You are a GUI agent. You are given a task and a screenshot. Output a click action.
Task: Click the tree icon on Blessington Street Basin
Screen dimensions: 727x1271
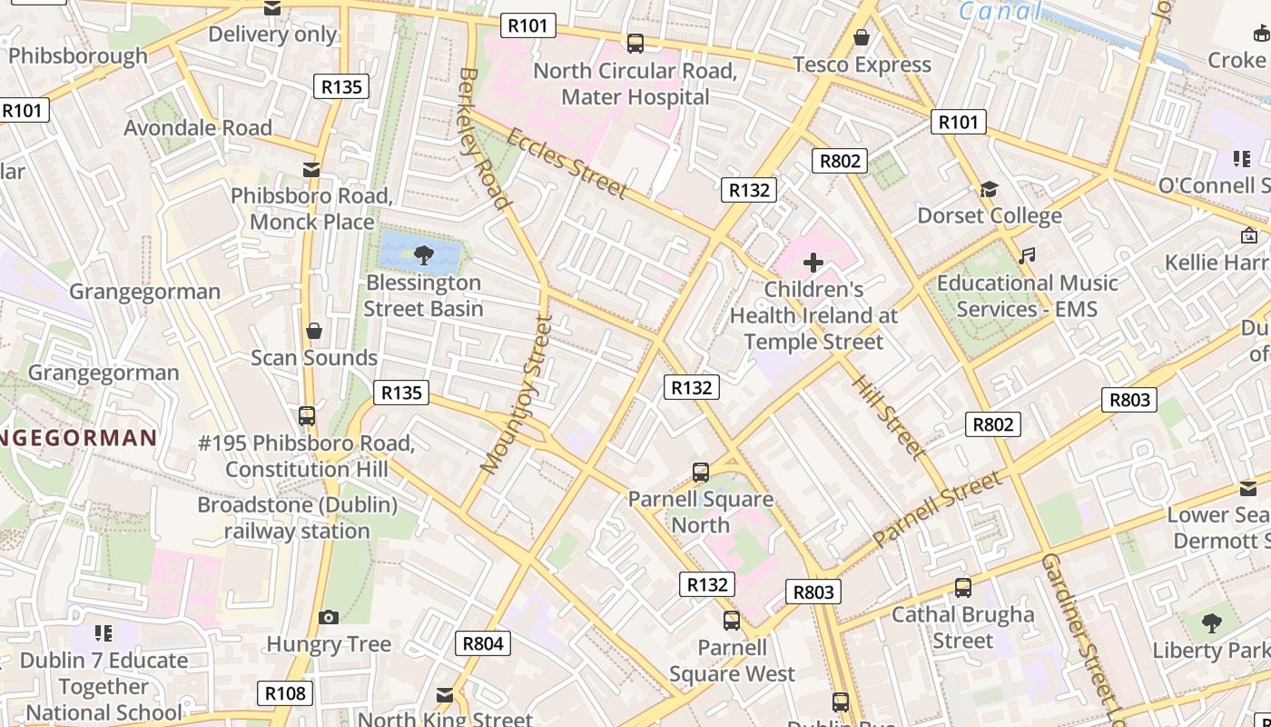[423, 254]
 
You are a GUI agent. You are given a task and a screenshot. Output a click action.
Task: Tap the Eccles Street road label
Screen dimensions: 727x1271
[567, 164]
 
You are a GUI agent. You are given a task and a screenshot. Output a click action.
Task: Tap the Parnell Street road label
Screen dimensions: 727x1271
[938, 509]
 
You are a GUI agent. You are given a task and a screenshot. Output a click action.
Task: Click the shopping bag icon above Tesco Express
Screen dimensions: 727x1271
[862, 37]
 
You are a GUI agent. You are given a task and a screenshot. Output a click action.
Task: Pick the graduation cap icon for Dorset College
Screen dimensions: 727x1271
[989, 189]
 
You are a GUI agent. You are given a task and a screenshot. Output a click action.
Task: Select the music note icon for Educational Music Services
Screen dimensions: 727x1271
[1027, 256]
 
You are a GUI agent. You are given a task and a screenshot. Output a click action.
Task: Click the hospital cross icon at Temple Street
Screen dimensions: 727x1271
[813, 264]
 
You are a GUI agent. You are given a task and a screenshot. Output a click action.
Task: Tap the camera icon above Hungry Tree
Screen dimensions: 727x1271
[329, 618]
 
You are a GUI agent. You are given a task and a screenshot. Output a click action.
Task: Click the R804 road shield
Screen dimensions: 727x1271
[482, 643]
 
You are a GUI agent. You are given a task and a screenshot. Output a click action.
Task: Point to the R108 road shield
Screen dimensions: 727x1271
[285, 693]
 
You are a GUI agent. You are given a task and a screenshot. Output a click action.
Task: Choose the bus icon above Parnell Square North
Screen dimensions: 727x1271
[700, 473]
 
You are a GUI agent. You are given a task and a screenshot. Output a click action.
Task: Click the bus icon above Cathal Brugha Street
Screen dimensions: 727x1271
[963, 588]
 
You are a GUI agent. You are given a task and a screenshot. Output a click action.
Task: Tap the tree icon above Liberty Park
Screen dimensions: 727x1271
[1211, 623]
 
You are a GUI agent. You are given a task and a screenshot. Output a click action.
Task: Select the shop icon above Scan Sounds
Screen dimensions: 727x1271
[313, 331]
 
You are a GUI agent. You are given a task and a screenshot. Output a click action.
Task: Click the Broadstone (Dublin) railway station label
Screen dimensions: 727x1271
[297, 517]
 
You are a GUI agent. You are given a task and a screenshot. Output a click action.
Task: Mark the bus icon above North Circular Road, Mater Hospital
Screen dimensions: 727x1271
[635, 43]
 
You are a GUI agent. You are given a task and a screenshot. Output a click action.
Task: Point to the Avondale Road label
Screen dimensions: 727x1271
[198, 128]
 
